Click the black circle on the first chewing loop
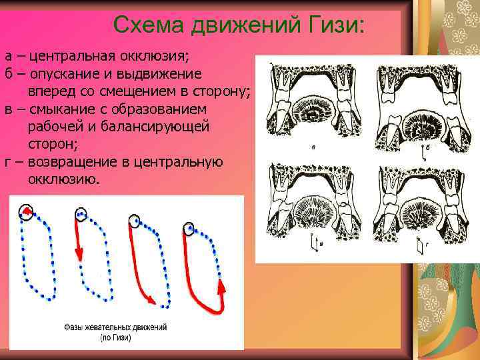25,211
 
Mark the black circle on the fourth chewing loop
189,229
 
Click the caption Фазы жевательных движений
115,328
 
